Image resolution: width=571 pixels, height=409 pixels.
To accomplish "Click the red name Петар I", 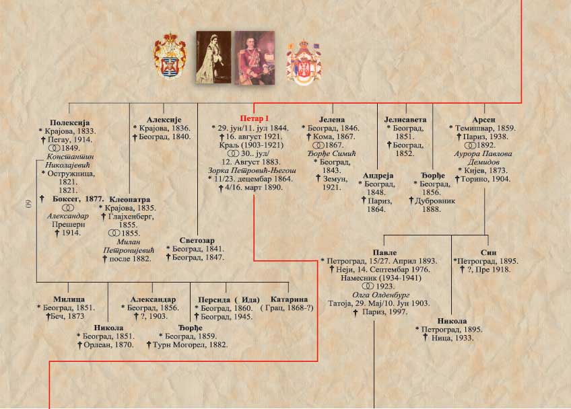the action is [254, 118].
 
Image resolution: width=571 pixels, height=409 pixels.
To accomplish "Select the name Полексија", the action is [69, 122].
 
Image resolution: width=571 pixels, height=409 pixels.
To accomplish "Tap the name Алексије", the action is [164, 119].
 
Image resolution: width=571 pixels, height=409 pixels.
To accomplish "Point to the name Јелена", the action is [332, 119].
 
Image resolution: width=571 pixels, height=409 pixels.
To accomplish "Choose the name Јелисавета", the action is [405, 119].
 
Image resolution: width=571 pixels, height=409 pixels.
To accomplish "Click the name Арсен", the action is [483, 120].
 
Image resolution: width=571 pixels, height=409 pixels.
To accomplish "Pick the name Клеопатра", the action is [130, 199].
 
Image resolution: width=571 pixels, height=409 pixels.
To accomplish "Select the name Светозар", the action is [197, 240].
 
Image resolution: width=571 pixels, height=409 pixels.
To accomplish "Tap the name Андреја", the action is [378, 176].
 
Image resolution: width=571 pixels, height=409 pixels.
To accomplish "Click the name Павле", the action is [384, 252].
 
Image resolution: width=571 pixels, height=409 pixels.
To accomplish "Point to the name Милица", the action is [69, 299].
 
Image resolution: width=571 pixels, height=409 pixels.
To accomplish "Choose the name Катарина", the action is [289, 299].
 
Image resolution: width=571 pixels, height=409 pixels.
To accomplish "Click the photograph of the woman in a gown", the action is [213, 57].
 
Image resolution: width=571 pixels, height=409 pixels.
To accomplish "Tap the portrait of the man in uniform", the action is [255, 58].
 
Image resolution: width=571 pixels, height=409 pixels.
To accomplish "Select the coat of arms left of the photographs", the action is [170, 56].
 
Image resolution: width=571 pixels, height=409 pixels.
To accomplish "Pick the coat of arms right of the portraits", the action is [304, 63].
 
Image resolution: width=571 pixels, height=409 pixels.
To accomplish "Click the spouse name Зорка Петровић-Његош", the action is [252, 170].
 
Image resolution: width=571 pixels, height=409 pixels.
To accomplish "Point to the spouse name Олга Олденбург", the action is [381, 295].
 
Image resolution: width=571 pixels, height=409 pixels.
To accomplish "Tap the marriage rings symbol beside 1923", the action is [368, 287].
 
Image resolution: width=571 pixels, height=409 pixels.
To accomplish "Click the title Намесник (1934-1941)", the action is [381, 278].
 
